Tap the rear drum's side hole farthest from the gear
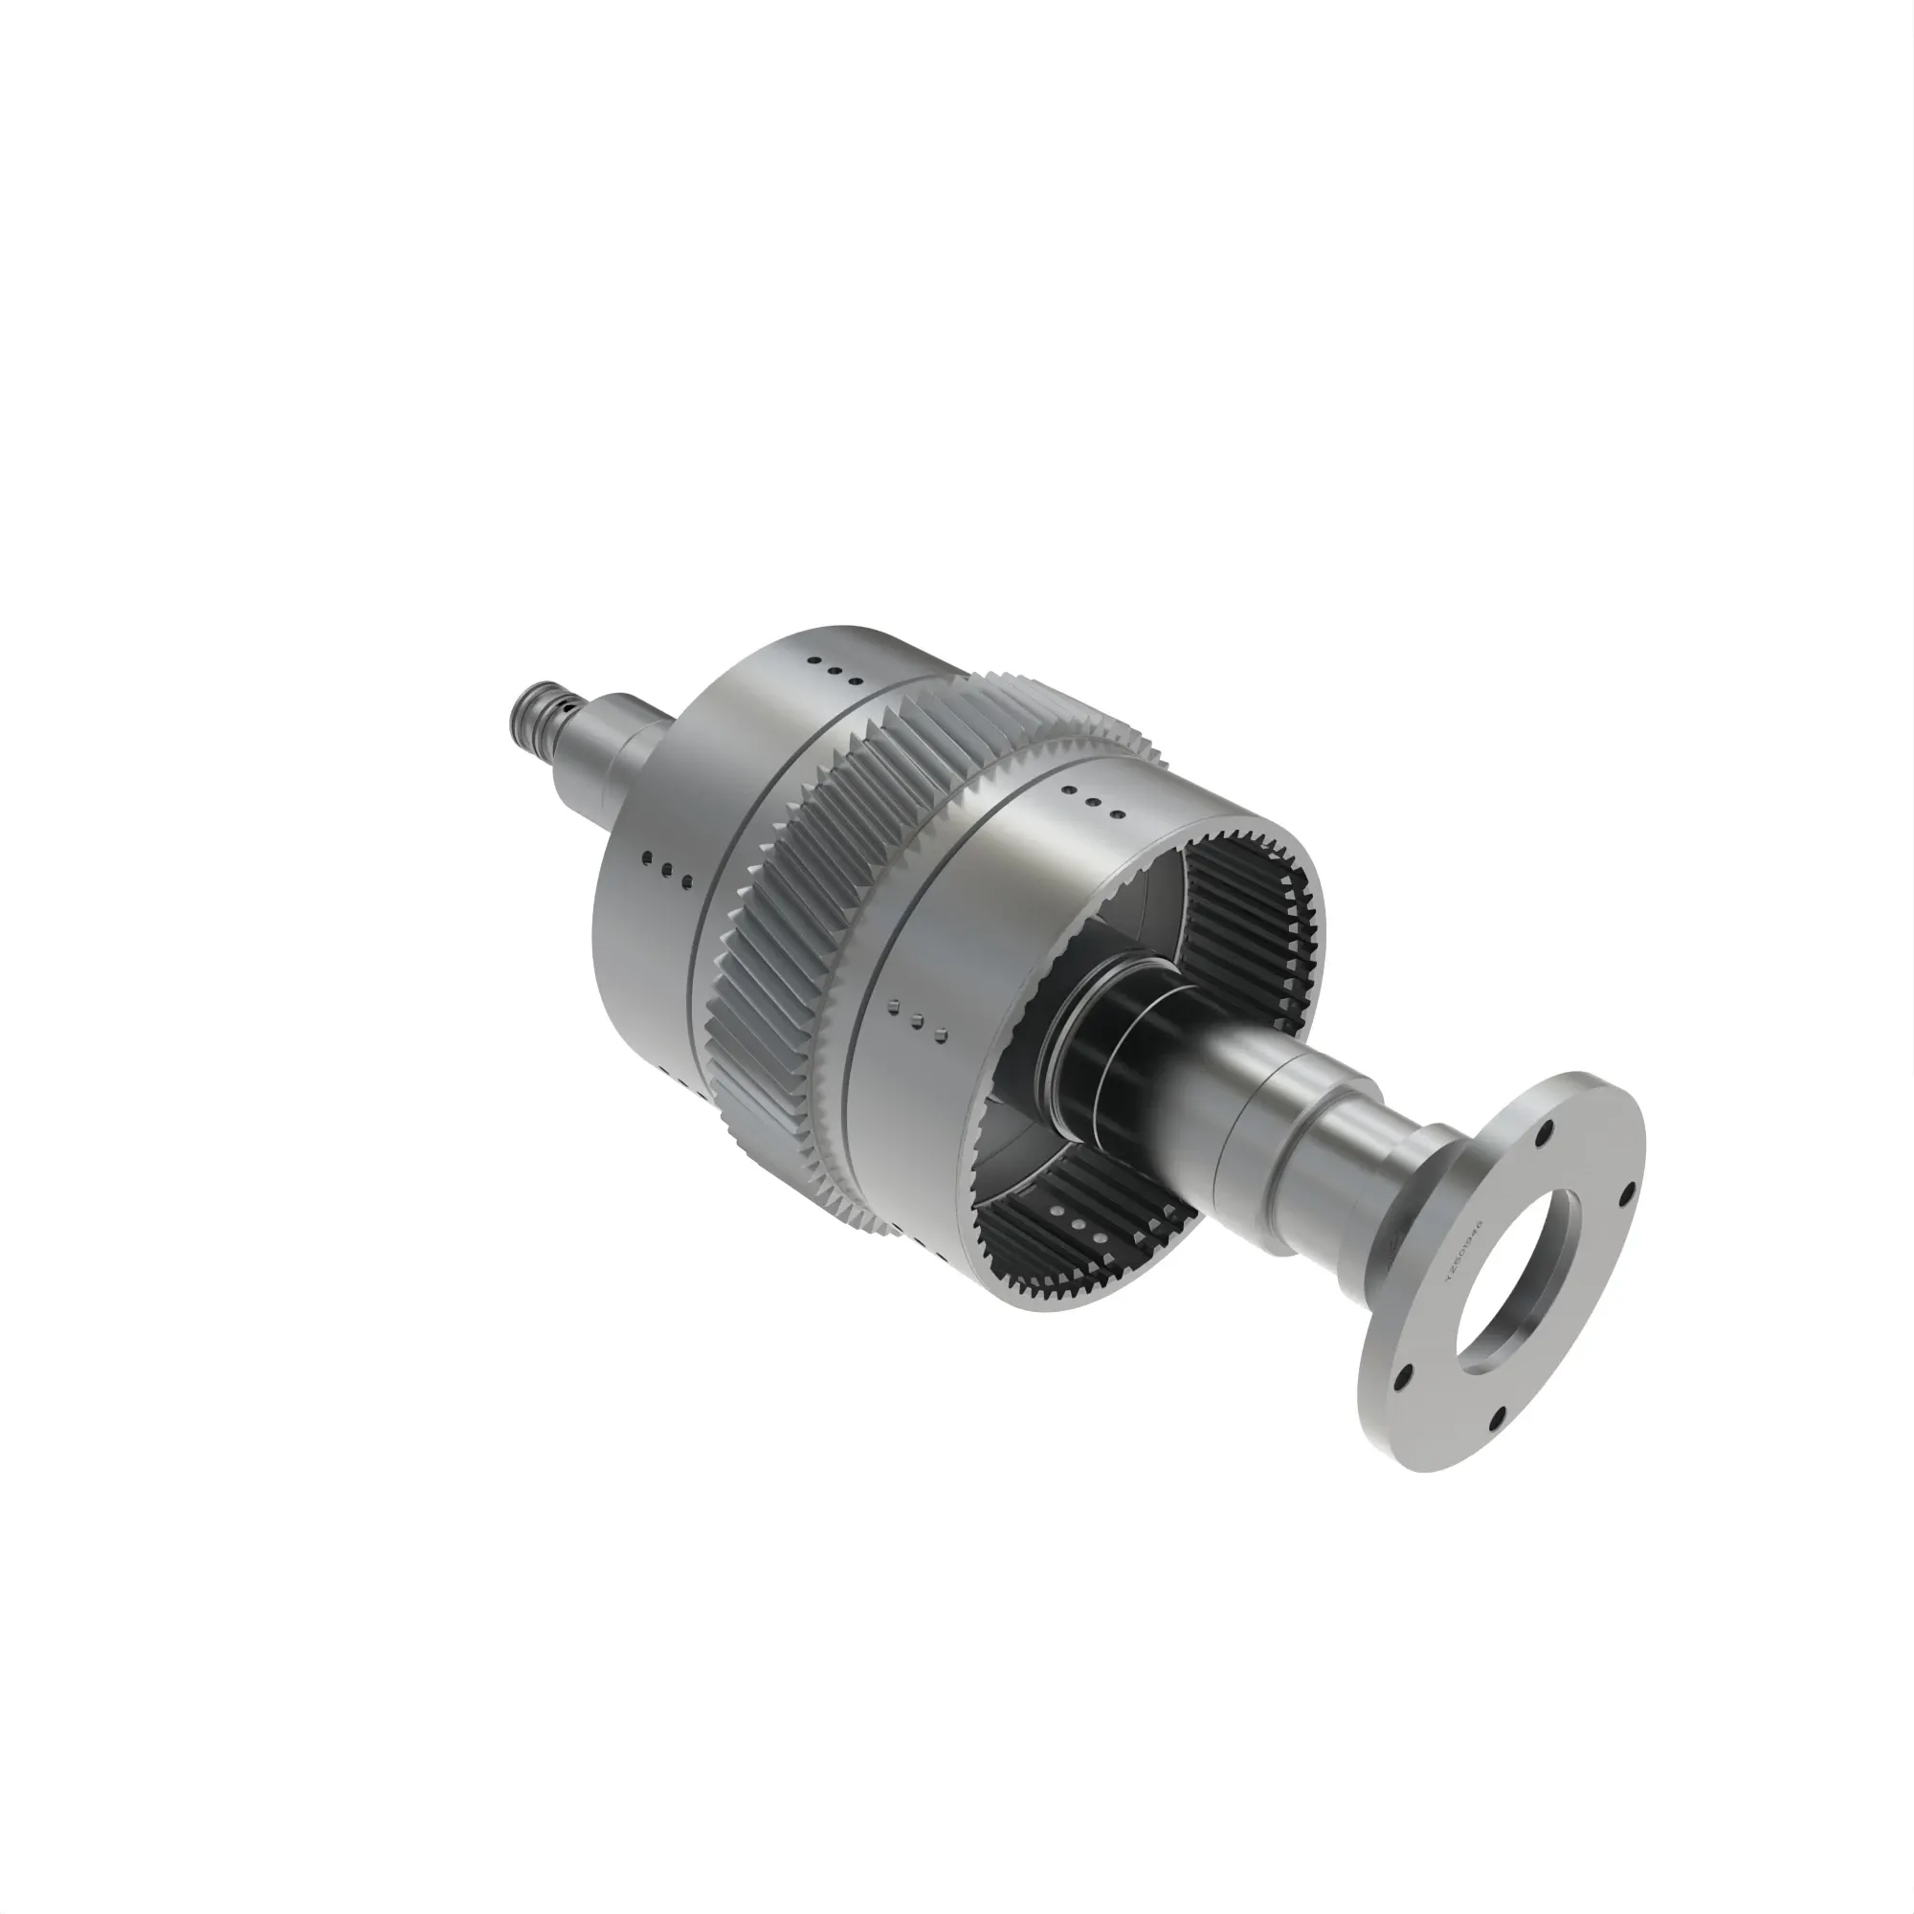tap(647, 857)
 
